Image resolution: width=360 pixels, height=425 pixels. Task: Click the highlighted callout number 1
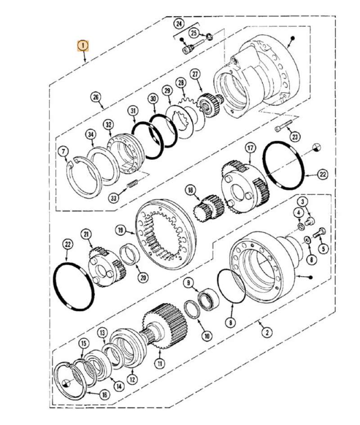pyautogui.click(x=83, y=45)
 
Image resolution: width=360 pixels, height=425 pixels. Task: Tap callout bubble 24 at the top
pyautogui.click(x=180, y=23)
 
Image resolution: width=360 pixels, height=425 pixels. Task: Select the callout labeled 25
pyautogui.click(x=193, y=32)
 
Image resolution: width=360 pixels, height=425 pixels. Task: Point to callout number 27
pyautogui.click(x=195, y=74)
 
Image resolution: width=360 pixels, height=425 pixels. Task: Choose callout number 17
pyautogui.click(x=250, y=148)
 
